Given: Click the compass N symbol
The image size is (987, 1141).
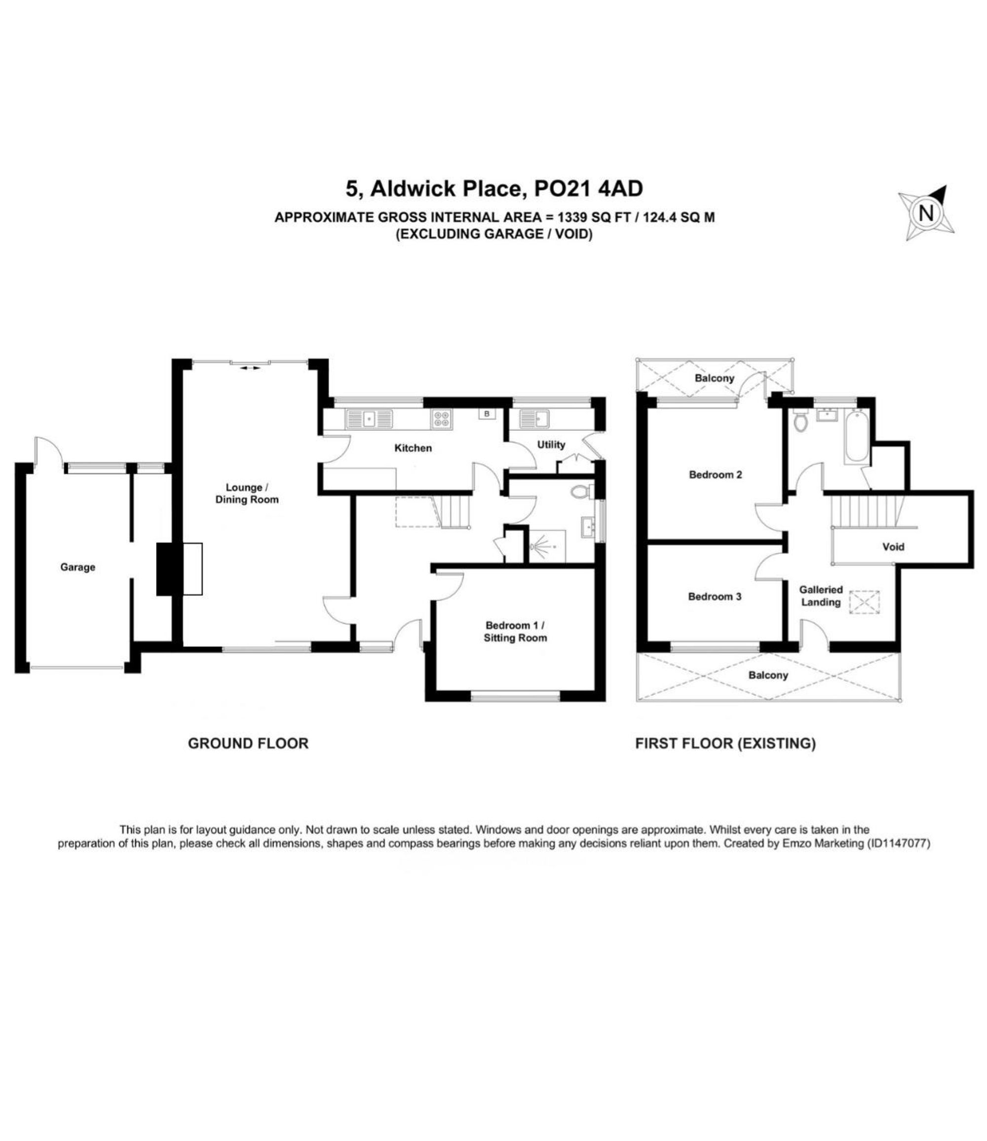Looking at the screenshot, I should pos(926,213).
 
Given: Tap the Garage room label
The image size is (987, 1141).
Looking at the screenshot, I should pos(77,567).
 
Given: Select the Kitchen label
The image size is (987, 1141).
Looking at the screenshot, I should pos(413,448).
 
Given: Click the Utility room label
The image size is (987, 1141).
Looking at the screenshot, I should pos(551,444).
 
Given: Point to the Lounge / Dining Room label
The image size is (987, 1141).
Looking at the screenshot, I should pos(247,494).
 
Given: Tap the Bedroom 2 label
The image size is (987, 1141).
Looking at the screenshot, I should pos(716,474).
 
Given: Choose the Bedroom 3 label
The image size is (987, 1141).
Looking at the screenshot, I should pos(715,596).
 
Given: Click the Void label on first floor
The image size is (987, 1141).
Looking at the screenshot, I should pos(893,547).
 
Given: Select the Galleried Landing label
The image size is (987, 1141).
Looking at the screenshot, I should pos(821,596).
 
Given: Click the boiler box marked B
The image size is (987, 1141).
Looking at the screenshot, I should pos(486,413).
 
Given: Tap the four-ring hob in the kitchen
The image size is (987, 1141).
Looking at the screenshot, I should pos(442,419).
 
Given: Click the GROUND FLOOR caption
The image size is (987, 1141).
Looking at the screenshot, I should pos(248,743).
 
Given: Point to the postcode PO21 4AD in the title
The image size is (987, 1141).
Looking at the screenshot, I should pos(589,189).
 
